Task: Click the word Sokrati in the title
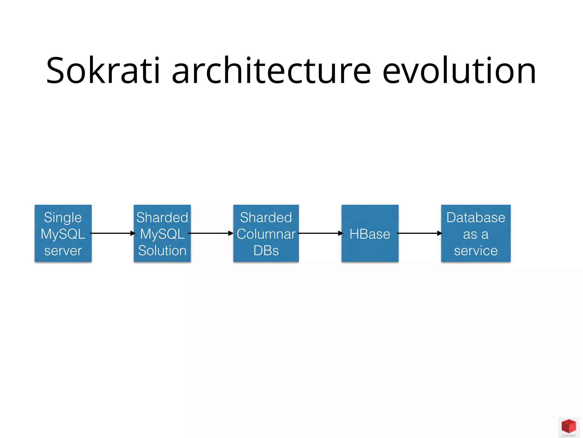103,71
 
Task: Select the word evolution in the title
459,71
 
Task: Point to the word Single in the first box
63,218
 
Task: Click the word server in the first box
63,251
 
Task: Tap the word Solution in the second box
162,251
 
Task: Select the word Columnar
266,234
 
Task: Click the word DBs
266,251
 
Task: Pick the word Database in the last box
476,218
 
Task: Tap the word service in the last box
476,251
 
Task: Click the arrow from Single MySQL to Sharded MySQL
113,233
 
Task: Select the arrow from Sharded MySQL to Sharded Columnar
211,233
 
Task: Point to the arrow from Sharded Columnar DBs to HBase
321,233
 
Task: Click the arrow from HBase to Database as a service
420,233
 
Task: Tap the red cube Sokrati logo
568,427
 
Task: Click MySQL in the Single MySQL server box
63,234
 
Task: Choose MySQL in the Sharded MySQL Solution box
162,234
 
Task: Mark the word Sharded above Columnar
266,218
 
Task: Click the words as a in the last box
476,234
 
